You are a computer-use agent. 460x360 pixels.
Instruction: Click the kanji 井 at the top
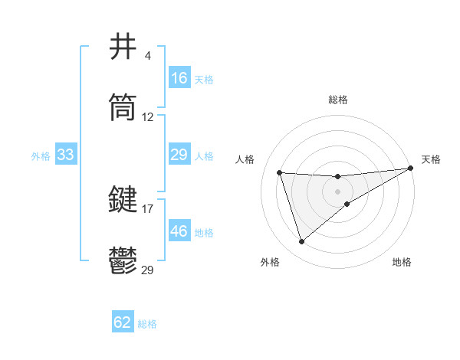[124, 47]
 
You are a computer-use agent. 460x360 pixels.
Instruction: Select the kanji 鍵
[124, 200]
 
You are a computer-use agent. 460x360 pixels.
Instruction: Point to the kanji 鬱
[124, 261]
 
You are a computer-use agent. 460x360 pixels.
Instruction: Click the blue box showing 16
[179, 78]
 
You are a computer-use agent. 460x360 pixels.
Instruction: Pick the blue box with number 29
[179, 155]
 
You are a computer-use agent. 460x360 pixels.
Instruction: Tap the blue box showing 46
[179, 231]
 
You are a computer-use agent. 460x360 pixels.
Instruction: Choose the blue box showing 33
[66, 155]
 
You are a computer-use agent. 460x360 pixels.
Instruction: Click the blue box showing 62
[123, 322]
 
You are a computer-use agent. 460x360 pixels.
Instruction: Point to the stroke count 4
[147, 55]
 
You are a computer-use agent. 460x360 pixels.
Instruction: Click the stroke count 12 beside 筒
[148, 117]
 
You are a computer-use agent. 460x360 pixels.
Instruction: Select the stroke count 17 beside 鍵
[148, 208]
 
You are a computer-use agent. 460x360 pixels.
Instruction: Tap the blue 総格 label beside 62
[148, 324]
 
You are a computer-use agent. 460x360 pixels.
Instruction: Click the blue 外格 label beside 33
[41, 155]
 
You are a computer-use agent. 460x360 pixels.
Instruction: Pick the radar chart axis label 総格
[338, 100]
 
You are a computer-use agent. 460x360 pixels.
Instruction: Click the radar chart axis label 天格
[432, 159]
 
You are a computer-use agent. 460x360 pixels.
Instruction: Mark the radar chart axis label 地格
[402, 262]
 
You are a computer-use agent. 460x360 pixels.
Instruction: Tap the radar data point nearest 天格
[410, 168]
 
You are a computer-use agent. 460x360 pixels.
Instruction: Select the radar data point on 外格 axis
[301, 241]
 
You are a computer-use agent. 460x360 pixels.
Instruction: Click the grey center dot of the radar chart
[338, 191]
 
